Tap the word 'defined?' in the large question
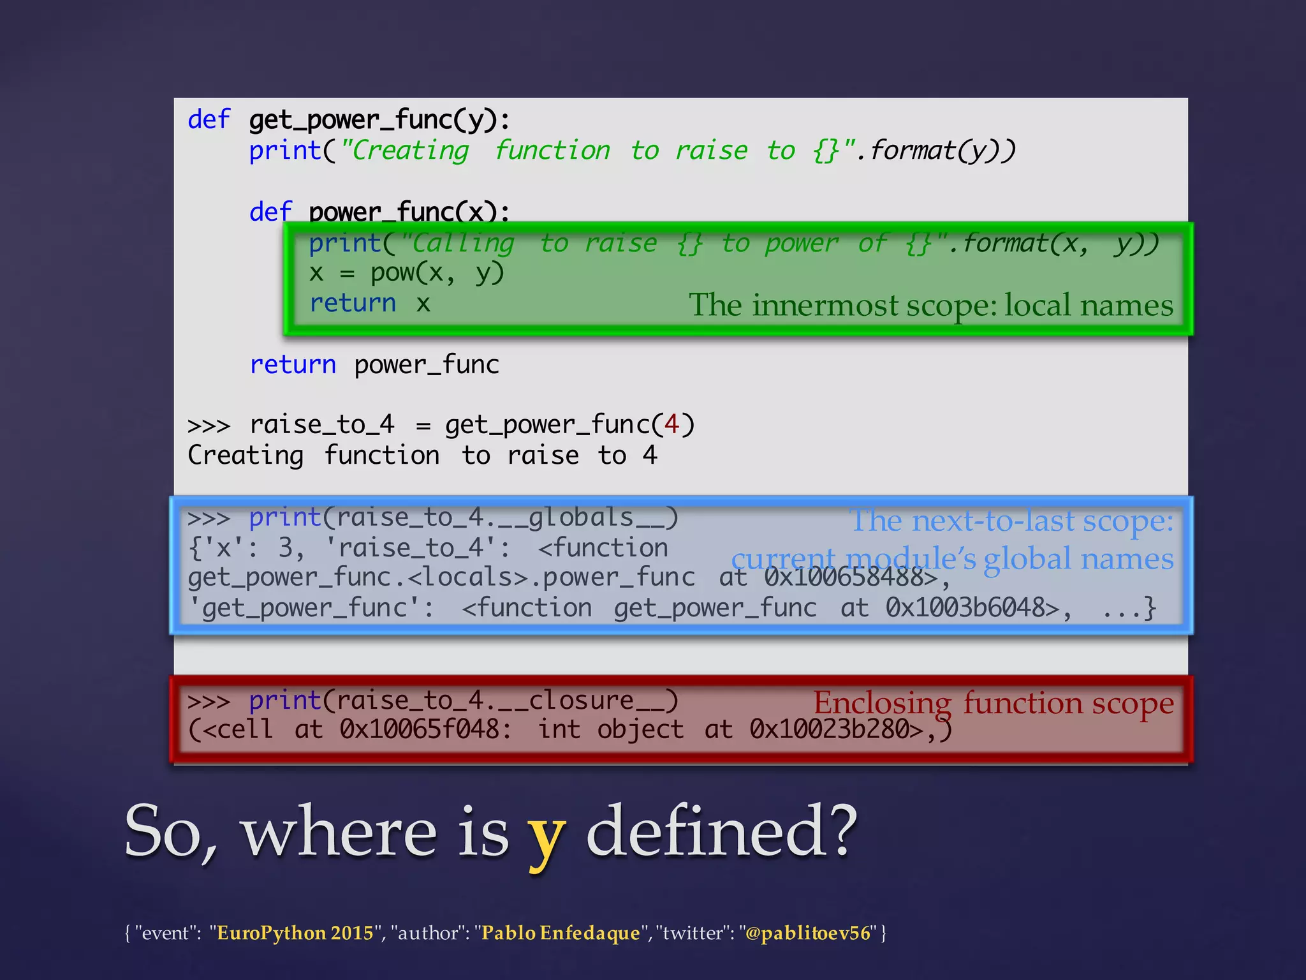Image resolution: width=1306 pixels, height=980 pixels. point(721,831)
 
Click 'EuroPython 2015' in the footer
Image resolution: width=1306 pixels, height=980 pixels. point(295,933)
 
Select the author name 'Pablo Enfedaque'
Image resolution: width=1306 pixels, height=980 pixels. point(561,933)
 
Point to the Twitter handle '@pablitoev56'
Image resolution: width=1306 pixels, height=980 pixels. point(807,933)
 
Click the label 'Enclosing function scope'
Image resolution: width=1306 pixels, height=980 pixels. point(993,703)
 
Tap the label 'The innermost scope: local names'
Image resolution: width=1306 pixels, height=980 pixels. point(930,305)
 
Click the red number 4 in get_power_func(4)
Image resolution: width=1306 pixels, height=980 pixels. point(671,424)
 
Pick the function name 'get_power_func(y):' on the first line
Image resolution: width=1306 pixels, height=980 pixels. point(379,120)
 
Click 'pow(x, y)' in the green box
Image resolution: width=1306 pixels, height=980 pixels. point(437,273)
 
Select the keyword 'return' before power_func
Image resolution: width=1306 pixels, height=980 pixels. point(293,365)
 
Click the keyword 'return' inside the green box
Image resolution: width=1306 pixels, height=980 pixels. point(353,303)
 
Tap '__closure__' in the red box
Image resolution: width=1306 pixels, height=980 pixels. point(581,701)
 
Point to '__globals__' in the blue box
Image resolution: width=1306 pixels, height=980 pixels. point(581,517)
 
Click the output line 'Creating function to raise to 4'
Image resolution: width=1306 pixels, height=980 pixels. point(422,456)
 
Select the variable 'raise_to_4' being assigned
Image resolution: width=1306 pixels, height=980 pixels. point(322,424)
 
